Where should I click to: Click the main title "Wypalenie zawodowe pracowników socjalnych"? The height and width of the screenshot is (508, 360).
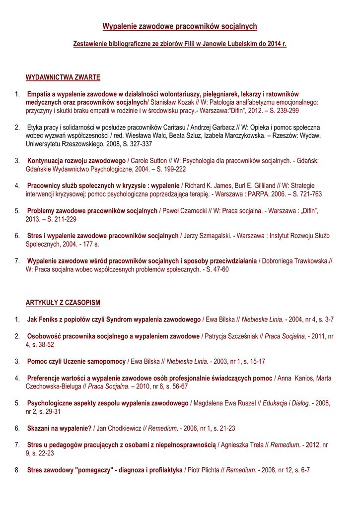[180, 26]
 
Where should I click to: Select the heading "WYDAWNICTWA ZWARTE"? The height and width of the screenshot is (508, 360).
[63, 77]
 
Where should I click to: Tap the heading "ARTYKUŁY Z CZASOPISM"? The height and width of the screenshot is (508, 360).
[63, 302]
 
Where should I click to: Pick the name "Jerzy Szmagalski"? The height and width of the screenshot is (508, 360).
[208, 236]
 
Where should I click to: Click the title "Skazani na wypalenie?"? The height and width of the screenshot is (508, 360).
[60, 428]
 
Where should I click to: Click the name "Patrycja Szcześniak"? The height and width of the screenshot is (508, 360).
[231, 336]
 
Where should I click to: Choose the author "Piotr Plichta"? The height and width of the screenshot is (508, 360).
[204, 469]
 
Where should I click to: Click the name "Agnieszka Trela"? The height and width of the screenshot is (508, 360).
[243, 444]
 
